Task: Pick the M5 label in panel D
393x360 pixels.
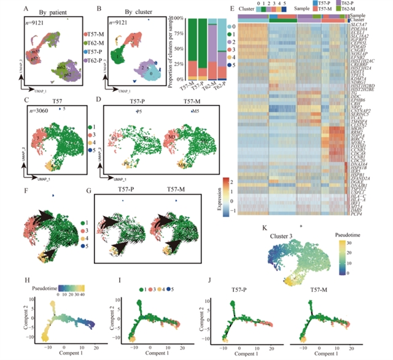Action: tap(179, 112)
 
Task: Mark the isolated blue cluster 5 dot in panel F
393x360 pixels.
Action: tap(54, 196)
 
